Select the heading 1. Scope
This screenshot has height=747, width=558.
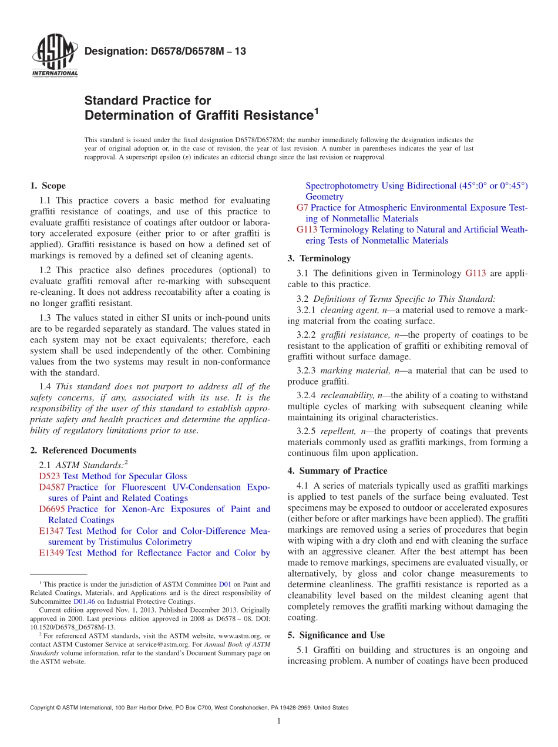[x=48, y=186]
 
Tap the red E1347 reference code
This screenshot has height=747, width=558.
[x=51, y=531]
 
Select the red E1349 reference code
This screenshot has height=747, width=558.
[x=51, y=553]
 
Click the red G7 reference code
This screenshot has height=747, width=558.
[x=302, y=208]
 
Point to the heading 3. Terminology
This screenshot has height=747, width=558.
[x=319, y=258]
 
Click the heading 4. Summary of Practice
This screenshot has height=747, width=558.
[x=337, y=471]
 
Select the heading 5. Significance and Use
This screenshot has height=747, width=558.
[x=336, y=635]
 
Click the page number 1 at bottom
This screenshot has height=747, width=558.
[x=279, y=721]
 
